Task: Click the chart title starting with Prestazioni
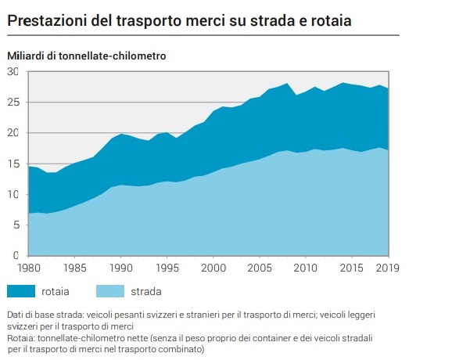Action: pos(178,20)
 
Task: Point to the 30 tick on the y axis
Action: pos(13,71)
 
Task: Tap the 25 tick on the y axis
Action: pos(13,102)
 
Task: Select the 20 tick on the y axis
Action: pos(13,132)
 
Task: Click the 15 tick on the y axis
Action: pos(13,163)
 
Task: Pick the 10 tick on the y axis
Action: pos(13,193)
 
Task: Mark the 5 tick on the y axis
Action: pos(16,225)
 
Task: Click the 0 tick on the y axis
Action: pos(16,255)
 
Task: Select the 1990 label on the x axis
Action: pos(121,268)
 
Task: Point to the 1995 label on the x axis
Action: pos(168,268)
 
